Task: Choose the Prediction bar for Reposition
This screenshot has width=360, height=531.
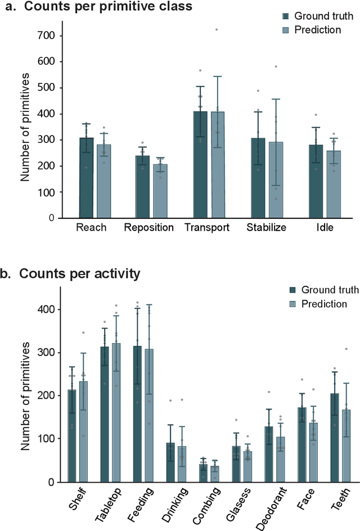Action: (160, 191)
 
